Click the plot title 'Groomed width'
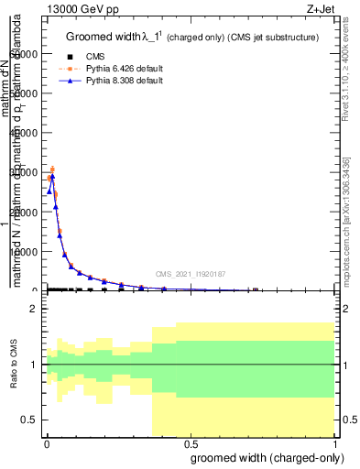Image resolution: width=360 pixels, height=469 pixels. click(x=107, y=37)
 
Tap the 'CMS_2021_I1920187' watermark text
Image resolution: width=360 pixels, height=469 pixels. click(x=191, y=274)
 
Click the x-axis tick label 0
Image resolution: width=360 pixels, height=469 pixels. click(x=46, y=444)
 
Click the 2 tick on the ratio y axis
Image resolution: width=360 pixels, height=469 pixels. click(x=34, y=310)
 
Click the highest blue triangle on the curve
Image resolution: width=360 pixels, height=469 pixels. click(x=52, y=176)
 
